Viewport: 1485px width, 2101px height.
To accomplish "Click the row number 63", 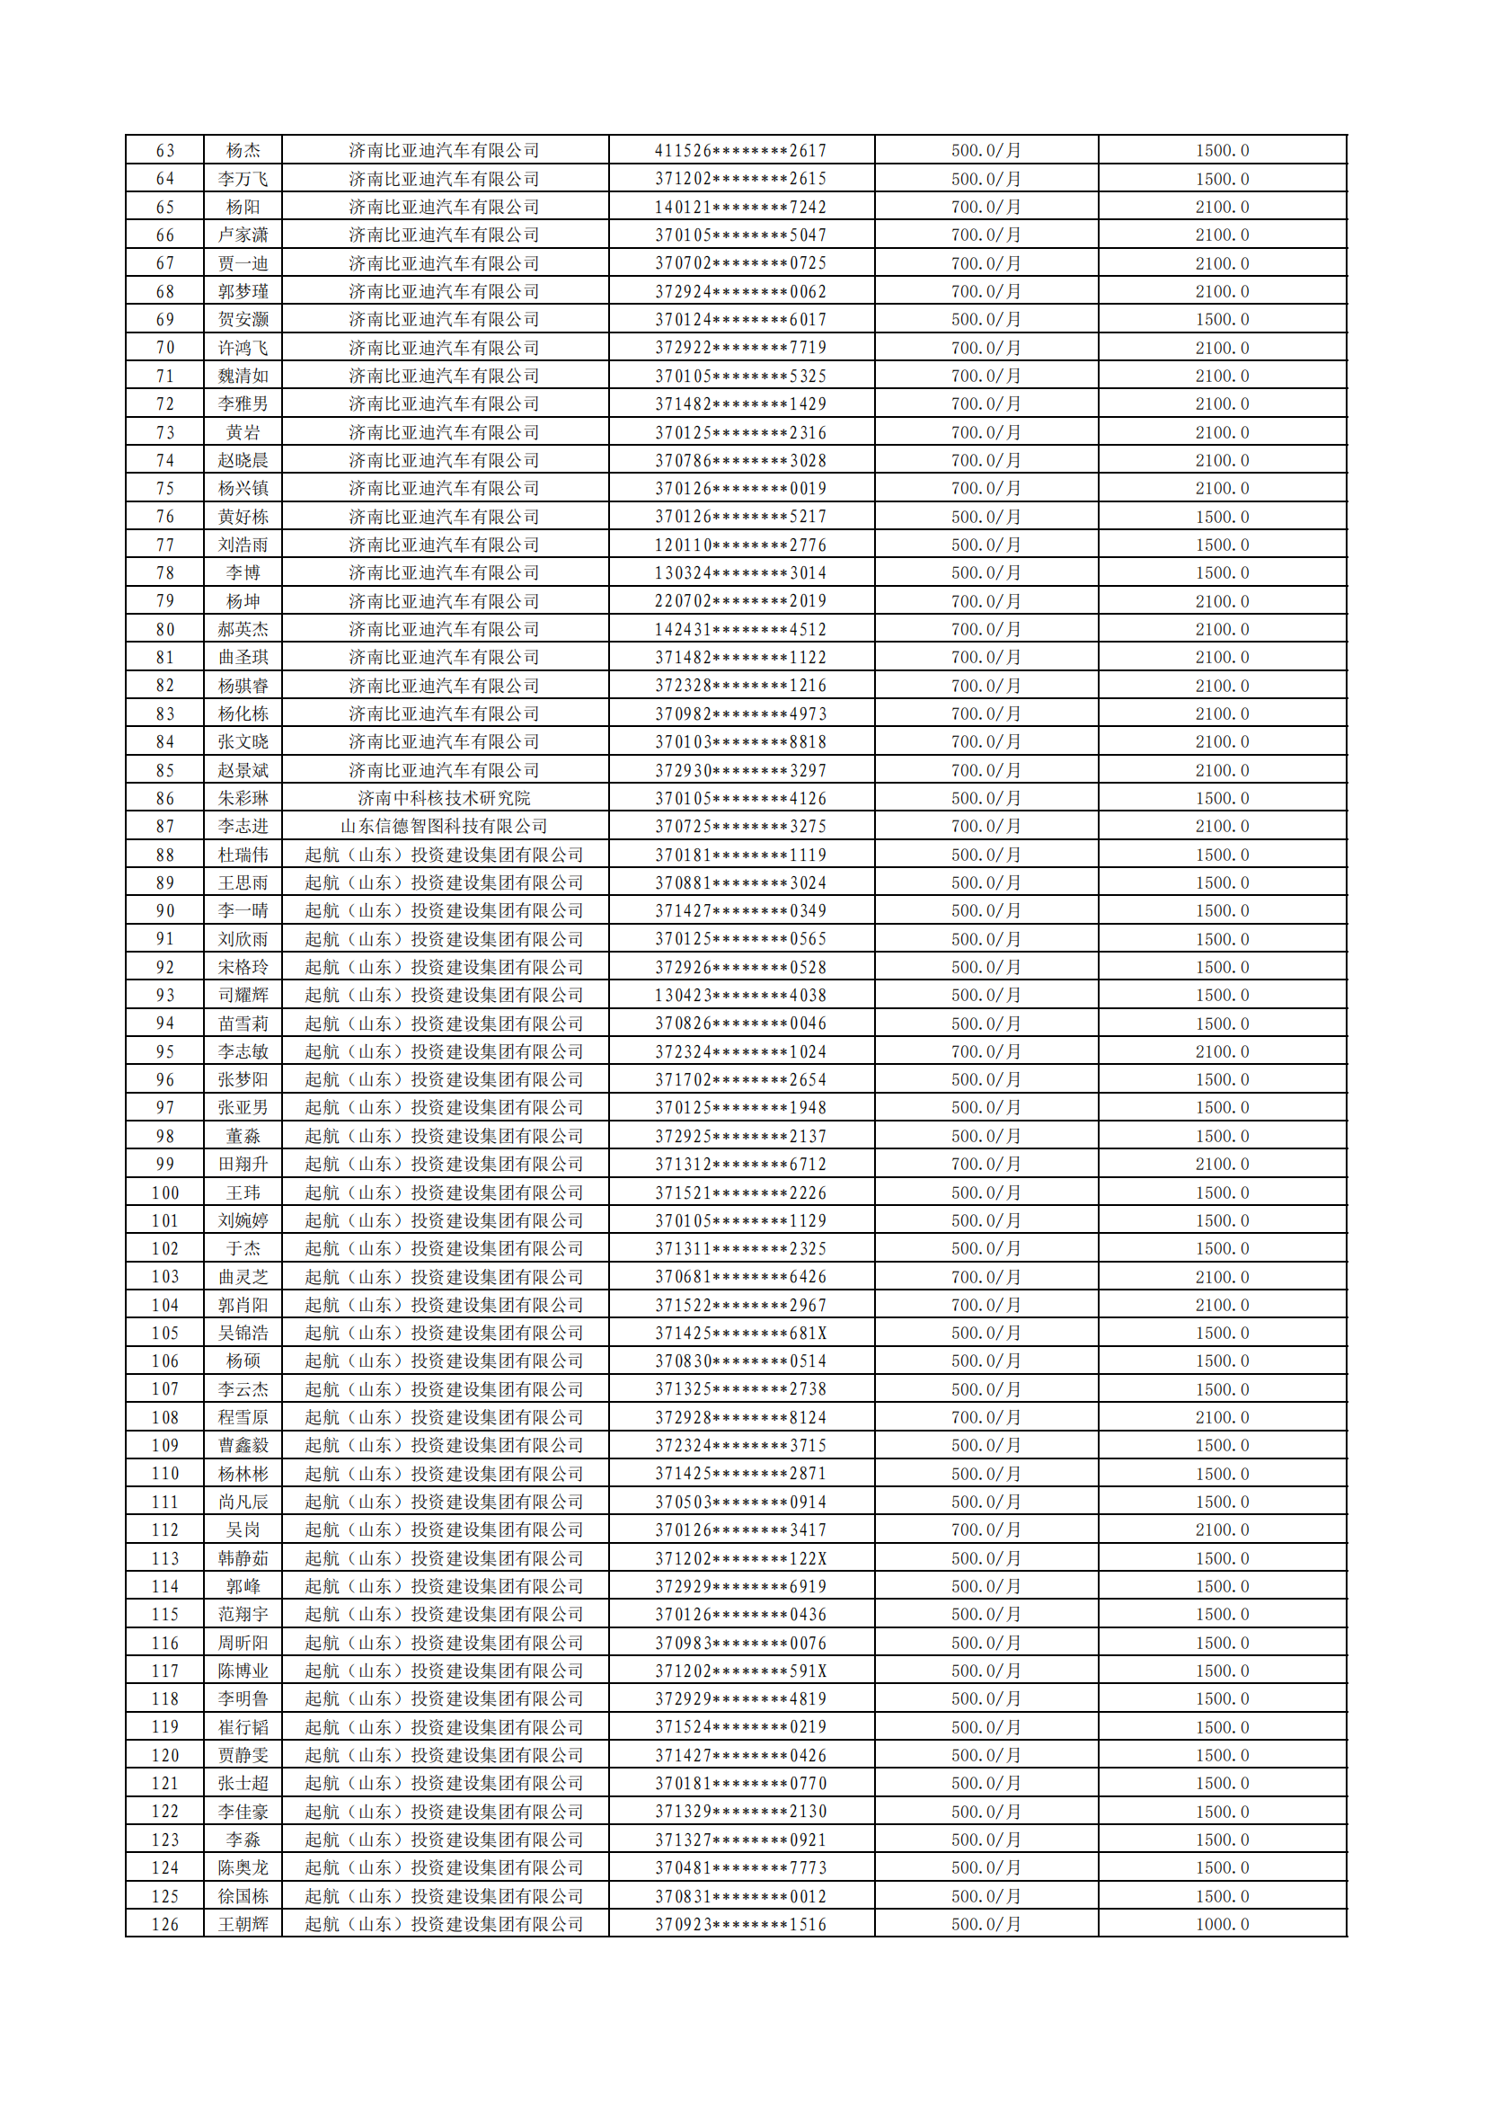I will click(164, 150).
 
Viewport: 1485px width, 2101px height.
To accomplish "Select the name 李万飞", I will click(243, 179).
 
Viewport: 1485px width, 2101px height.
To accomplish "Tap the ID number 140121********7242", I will click(740, 207).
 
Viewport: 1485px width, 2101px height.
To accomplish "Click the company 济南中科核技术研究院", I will click(444, 798).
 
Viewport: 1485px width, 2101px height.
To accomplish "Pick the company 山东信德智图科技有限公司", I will click(444, 827).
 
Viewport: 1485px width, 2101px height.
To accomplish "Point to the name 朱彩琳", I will click(243, 798).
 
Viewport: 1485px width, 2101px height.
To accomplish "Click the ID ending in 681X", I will click(740, 1334).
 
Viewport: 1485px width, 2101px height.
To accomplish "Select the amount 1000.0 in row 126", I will click(1222, 1924).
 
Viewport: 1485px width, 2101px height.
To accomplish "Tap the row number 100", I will click(164, 1192).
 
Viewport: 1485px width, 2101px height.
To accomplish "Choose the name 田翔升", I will click(243, 1164).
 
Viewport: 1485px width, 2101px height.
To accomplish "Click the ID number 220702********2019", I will click(740, 601).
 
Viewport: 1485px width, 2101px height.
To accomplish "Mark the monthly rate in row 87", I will click(986, 827).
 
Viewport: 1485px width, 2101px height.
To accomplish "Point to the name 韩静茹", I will click(243, 1558).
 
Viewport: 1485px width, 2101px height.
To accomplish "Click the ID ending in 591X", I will click(740, 1671).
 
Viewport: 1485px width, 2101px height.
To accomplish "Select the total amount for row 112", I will click(1222, 1530).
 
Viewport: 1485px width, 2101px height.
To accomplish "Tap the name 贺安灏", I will click(243, 319).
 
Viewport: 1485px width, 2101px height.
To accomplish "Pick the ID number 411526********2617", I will click(740, 150).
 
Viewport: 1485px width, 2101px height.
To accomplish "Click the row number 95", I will click(164, 1051).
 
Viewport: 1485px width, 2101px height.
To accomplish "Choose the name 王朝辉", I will click(243, 1924).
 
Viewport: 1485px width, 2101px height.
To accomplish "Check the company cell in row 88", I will click(444, 855).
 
